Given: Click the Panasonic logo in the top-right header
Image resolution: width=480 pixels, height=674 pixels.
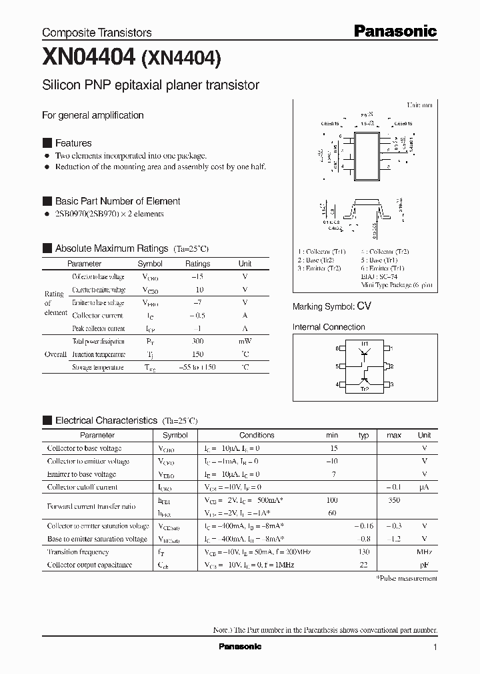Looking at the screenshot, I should click(x=394, y=31).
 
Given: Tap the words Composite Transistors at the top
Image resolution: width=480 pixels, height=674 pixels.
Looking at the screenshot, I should click(x=97, y=33).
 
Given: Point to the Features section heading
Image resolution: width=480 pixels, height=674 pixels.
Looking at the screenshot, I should click(x=73, y=143).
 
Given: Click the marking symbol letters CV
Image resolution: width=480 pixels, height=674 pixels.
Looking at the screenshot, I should click(x=363, y=306).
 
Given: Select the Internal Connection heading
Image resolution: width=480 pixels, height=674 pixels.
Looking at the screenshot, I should click(x=329, y=327).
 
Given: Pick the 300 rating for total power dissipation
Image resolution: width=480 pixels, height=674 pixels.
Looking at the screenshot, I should click(x=197, y=342).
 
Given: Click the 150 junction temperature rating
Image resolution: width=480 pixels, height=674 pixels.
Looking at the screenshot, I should click(x=197, y=355).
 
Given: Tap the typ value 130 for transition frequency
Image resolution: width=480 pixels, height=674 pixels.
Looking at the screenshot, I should click(x=363, y=552).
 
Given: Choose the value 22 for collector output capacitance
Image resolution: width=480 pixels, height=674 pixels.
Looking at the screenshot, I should click(x=363, y=565).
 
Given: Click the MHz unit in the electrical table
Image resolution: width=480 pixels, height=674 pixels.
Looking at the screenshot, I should click(x=424, y=552).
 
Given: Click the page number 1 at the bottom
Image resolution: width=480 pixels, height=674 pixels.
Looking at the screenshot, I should click(x=435, y=647).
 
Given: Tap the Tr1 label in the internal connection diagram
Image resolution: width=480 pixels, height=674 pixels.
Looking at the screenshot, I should click(x=365, y=343).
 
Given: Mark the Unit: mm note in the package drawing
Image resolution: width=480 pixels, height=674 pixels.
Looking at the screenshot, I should click(x=419, y=106).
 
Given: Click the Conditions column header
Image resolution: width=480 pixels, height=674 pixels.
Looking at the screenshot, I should click(x=257, y=435).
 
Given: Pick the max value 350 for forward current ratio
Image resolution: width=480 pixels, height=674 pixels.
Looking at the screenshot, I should click(x=394, y=500).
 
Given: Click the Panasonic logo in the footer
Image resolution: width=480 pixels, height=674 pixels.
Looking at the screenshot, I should click(x=240, y=647).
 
